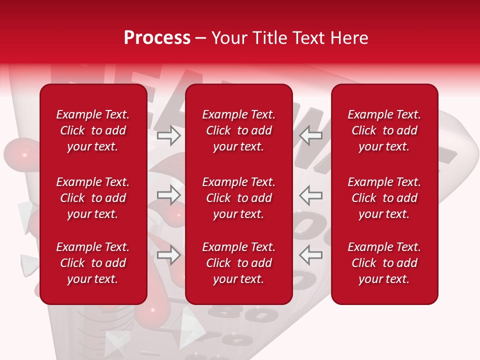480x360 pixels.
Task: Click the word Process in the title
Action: [157, 38]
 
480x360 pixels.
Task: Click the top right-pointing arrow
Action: [169, 135]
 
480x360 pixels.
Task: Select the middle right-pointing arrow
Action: [169, 195]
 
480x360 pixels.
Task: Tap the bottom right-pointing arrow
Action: [169, 255]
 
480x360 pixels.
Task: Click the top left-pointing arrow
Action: [311, 135]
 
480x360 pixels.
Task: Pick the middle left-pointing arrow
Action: [311, 195]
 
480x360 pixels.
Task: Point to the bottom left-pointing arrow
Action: [311, 255]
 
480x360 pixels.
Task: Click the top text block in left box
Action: [93, 130]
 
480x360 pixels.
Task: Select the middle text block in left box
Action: [93, 198]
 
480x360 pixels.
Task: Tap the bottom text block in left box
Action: [93, 263]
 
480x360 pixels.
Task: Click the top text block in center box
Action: [238, 130]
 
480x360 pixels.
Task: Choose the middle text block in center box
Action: [238, 198]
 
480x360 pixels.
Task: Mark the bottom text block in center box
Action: [238, 263]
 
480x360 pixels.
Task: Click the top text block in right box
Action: [384, 130]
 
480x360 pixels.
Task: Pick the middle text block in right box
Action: [384, 198]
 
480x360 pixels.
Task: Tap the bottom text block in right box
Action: [384, 263]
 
